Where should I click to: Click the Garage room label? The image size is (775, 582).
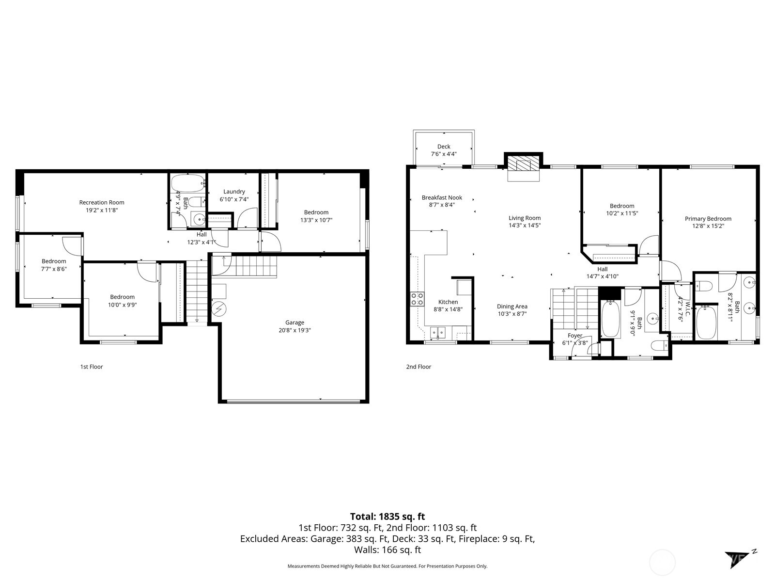click(294, 323)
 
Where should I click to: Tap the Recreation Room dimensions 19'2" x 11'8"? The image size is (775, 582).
click(102, 210)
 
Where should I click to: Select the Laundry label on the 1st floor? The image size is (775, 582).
click(234, 192)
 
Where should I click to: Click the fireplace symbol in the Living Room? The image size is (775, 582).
click(523, 165)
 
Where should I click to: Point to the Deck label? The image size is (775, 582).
click(444, 146)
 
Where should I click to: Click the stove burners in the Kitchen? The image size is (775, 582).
click(417, 299)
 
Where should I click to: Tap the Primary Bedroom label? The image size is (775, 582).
click(708, 219)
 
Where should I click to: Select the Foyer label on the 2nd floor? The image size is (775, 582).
click(575, 336)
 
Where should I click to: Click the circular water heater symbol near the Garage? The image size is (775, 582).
click(219, 308)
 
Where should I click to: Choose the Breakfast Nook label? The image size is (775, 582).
click(442, 197)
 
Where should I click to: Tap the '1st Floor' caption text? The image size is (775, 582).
click(92, 367)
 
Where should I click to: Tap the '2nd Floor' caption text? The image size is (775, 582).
click(418, 367)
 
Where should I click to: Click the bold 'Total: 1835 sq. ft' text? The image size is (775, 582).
click(387, 517)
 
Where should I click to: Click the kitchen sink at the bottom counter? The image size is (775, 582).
click(438, 332)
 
